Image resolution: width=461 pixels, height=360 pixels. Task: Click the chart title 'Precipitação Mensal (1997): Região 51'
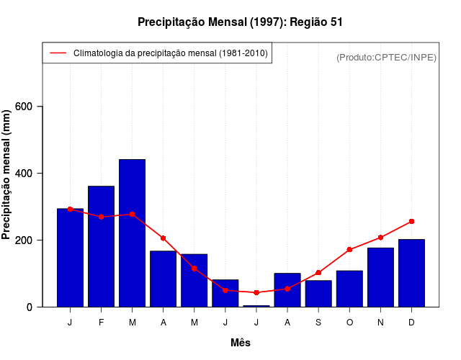240,22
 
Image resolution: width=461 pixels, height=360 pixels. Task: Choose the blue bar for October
349,289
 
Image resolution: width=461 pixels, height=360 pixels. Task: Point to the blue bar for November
380,277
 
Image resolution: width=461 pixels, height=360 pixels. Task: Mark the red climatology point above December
411,221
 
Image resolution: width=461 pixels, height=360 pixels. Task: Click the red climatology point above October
349,250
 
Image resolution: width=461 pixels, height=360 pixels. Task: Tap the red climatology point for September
318,273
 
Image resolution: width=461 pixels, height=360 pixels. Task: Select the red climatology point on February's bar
101,217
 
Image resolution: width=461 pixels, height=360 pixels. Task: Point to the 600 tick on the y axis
30,107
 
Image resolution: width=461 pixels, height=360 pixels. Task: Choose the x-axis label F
101,323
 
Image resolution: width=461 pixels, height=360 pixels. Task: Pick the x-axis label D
411,323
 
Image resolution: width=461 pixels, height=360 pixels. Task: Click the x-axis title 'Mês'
241,343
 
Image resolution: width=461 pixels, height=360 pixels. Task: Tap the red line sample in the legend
57,53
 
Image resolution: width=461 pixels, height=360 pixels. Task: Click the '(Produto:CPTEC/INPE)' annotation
386,57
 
